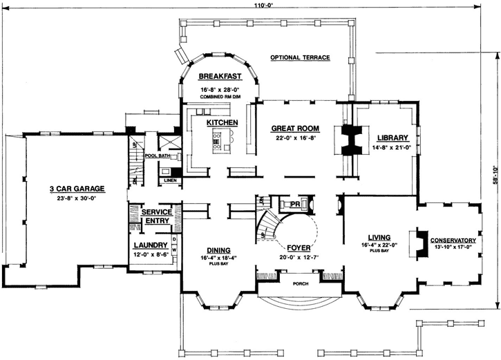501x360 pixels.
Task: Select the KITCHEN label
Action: point(222,122)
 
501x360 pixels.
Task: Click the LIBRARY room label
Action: point(393,137)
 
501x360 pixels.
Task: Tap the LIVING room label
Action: point(375,236)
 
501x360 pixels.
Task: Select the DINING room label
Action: point(218,250)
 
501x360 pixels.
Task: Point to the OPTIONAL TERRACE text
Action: point(300,57)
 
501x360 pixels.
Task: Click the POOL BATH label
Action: point(157,156)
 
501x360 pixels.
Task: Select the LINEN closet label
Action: point(169,181)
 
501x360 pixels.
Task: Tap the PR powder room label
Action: point(295,205)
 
